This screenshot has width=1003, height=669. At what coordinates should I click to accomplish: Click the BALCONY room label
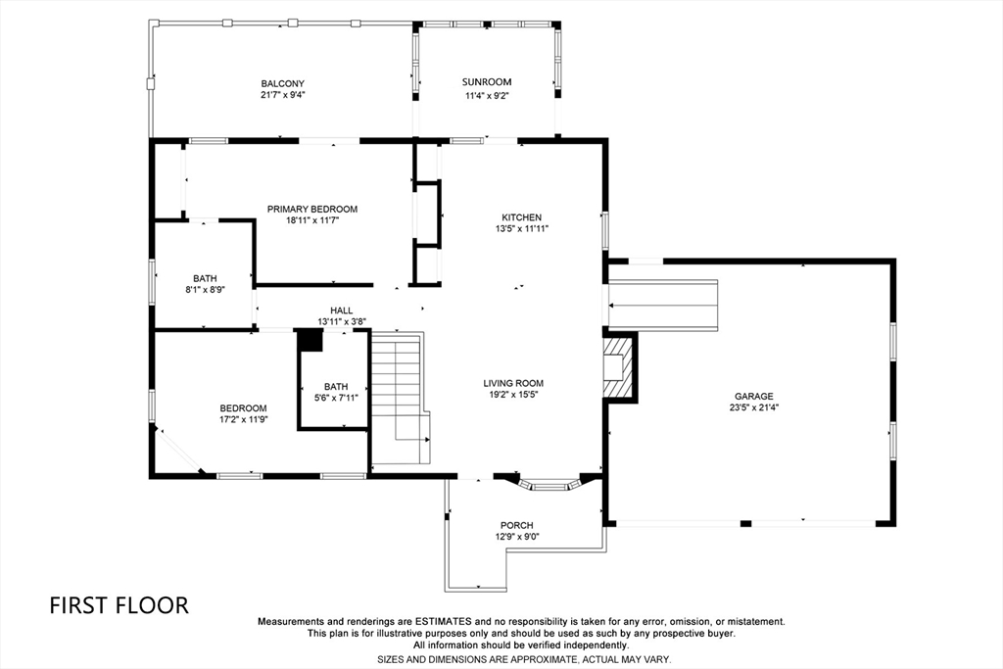click(x=283, y=83)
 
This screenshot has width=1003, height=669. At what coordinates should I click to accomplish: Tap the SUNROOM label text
click(x=487, y=82)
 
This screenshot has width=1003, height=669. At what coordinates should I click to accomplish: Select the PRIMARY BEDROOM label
click(x=312, y=209)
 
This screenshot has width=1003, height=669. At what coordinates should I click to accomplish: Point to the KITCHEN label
click(x=521, y=217)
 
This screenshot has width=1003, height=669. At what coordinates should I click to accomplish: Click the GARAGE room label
click(x=754, y=397)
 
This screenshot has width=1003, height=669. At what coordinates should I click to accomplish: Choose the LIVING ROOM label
click(x=512, y=383)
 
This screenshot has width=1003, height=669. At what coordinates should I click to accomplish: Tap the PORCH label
click(x=516, y=525)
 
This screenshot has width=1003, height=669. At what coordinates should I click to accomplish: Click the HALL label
click(x=341, y=311)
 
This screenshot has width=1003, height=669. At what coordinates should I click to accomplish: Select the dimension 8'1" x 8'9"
click(x=205, y=290)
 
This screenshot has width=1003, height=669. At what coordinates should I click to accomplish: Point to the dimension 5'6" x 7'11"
click(x=336, y=398)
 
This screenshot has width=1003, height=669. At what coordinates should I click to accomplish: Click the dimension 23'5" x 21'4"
click(x=754, y=407)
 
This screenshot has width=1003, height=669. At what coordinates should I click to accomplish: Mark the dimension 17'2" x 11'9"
click(x=243, y=419)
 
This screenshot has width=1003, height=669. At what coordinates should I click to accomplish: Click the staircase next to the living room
click(x=398, y=397)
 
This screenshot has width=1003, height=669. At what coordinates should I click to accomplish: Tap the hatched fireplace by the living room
click(x=617, y=367)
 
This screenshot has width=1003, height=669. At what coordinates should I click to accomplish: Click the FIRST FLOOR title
click(x=119, y=605)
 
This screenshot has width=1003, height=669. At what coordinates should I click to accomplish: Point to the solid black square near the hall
click(x=310, y=340)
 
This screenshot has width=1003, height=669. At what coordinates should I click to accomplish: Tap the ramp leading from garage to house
click(x=663, y=304)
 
